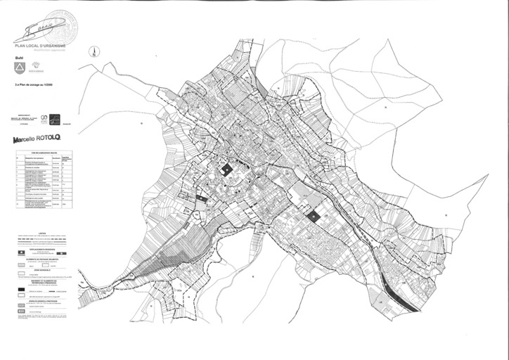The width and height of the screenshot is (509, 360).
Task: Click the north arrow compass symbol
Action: tap(94, 51)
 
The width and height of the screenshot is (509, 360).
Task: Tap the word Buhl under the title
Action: tap(19, 58)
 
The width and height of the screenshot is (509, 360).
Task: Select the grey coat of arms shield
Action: tap(18, 68)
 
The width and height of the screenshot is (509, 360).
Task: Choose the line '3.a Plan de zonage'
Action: tap(32, 84)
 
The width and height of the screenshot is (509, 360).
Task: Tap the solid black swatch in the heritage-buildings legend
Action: tap(20, 289)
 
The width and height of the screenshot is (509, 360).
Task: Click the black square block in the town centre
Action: tap(227, 170)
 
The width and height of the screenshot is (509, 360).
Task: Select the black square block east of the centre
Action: tap(312, 217)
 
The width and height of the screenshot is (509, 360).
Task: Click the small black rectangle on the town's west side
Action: tap(202, 199)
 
